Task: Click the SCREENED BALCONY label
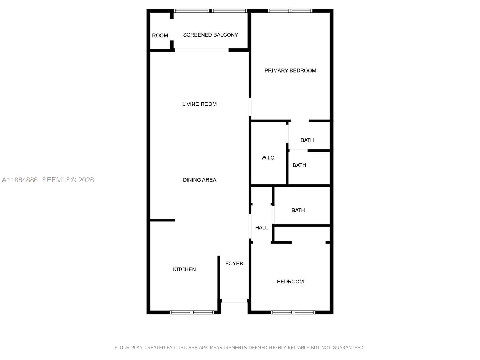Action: (211, 35)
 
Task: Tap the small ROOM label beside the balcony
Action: (160, 35)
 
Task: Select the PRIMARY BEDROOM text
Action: (290, 70)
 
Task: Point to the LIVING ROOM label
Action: (199, 104)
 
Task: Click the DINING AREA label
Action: (199, 180)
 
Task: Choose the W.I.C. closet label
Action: (268, 158)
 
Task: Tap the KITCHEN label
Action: (184, 269)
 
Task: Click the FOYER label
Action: (234, 263)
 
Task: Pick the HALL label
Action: (262, 228)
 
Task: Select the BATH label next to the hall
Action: (298, 210)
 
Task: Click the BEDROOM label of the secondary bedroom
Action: (290, 281)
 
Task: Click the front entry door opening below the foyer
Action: (234, 301)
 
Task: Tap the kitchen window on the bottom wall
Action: (192, 313)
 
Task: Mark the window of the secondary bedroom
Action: (293, 313)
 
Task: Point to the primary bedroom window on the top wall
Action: (290, 11)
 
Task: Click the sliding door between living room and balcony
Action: (202, 50)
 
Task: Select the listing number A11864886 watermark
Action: (20, 180)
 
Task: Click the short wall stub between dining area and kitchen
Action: (162, 220)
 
